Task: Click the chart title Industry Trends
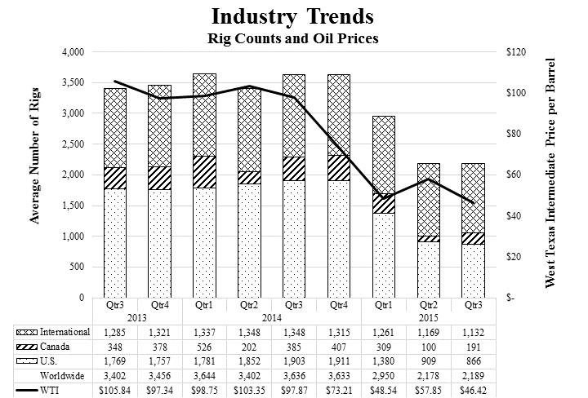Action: pos(292,17)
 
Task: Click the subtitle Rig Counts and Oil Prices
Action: pos(293,38)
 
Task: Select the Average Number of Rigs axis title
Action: pos(34,156)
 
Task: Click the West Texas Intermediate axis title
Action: pos(550,173)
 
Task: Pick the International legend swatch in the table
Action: pos(27,332)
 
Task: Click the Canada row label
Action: pos(55,347)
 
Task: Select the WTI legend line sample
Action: pos(27,391)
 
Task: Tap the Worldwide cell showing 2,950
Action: pos(384,375)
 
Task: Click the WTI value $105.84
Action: pos(115,390)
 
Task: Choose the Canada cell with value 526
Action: pos(204,347)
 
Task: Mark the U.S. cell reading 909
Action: pos(428,361)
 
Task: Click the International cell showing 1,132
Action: pos(473,332)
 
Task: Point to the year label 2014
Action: pos(271,318)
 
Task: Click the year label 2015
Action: pos(428,318)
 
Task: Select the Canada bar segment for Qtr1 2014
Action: pos(204,172)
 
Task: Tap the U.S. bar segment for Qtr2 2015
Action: pos(429,270)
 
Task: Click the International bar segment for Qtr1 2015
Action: pos(384,155)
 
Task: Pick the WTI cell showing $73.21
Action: pos(339,390)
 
